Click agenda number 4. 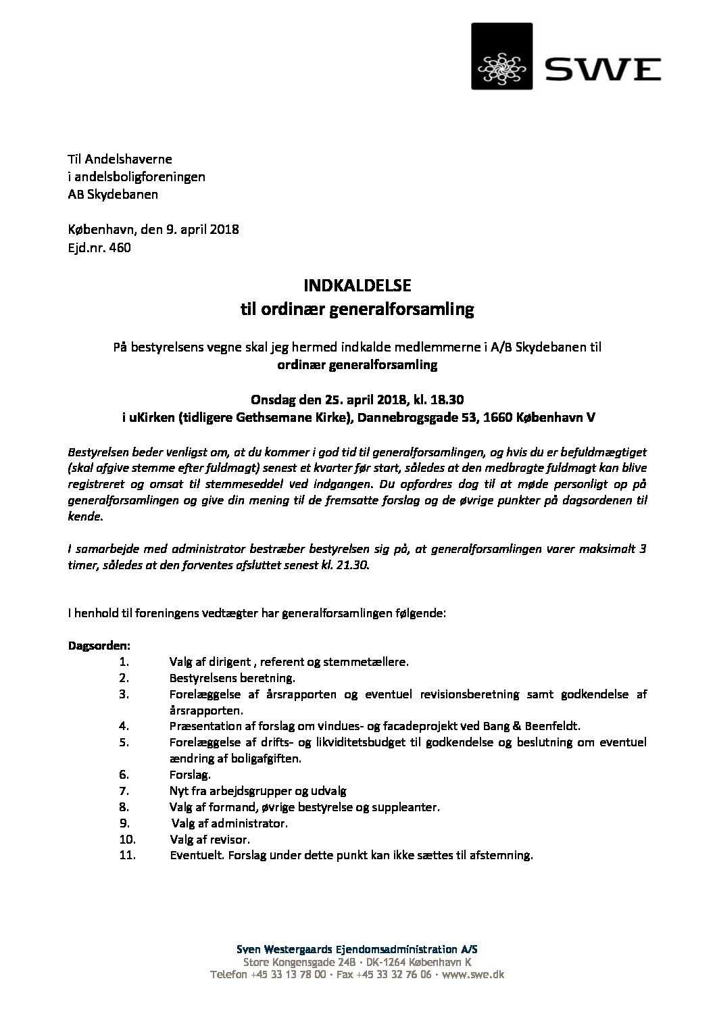(124, 726)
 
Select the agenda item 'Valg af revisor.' (211, 840)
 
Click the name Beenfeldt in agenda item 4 (555, 726)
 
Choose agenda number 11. (127, 855)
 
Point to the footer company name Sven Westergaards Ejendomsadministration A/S (357, 950)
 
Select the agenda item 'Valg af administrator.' (230, 823)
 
